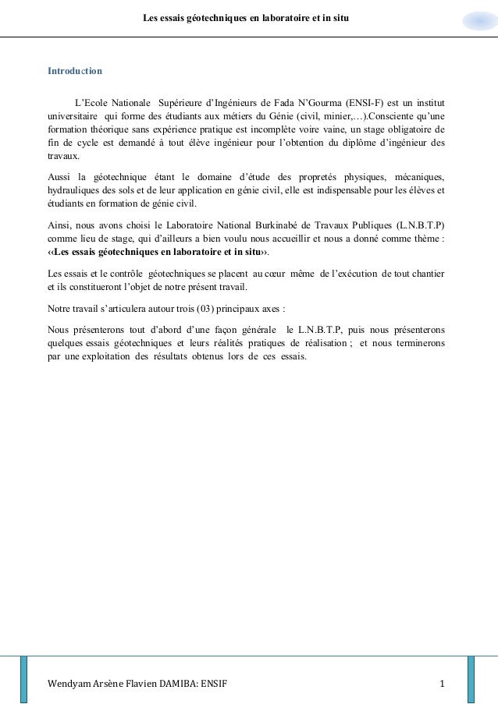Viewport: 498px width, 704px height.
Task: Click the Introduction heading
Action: click(x=75, y=71)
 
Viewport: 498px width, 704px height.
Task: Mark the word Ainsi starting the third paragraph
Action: click(x=60, y=226)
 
